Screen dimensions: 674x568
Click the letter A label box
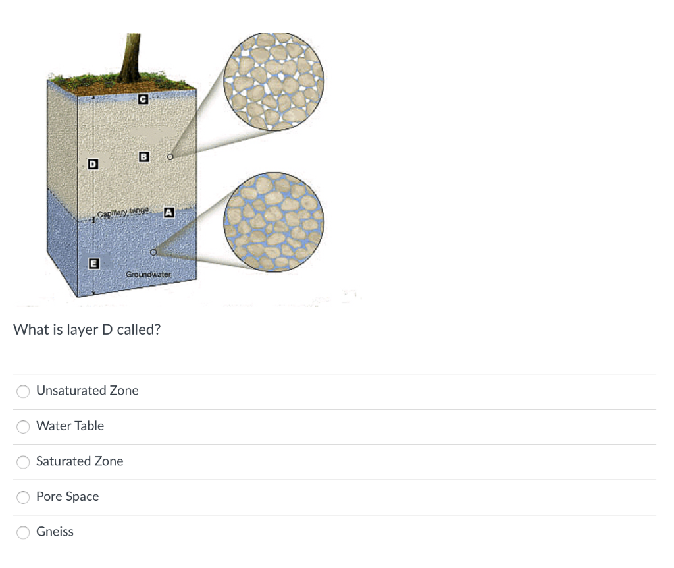[x=169, y=212]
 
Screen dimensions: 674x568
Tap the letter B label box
[x=144, y=157]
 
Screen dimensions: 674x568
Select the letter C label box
[x=143, y=99]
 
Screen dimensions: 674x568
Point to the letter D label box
[x=93, y=164]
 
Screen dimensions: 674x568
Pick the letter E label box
[x=93, y=264]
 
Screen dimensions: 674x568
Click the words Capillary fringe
[x=123, y=212]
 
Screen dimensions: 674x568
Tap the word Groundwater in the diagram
[x=148, y=274]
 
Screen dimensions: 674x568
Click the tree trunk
[x=130, y=57]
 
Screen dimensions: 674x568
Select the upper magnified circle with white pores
[x=274, y=81]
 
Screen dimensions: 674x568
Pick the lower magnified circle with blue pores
[x=274, y=222]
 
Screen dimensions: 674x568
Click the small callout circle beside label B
[x=170, y=157]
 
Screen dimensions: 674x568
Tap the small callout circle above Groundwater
[x=153, y=252]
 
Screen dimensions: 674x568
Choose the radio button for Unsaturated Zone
[x=23, y=391]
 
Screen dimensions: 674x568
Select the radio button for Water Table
[x=23, y=426]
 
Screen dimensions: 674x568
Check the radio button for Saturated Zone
[x=23, y=462]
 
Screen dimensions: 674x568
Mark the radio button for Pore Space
[x=23, y=497]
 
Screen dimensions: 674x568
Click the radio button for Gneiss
[x=23, y=532]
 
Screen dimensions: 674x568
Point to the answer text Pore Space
[x=68, y=497]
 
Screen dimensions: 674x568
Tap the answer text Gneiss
[x=55, y=531]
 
